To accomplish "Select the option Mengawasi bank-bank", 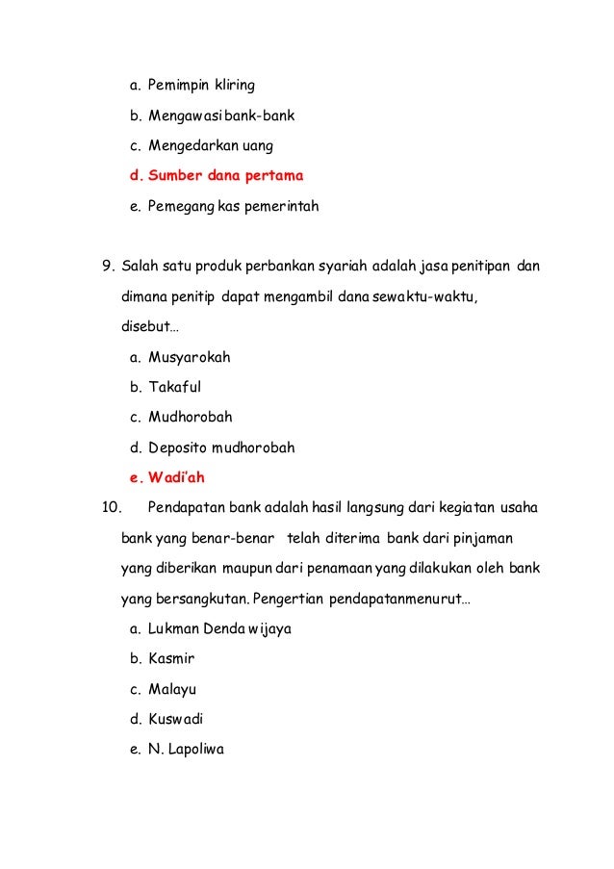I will pos(220,115).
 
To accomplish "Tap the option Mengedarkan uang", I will pos(210,145).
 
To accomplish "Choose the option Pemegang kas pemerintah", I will pos(232,206).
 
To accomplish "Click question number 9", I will pos(108,266).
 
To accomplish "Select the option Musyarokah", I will pos(189,357).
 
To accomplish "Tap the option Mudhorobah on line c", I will pos(190,418).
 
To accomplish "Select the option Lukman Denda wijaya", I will pos(219,628).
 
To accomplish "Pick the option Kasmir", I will pos(169,659).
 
